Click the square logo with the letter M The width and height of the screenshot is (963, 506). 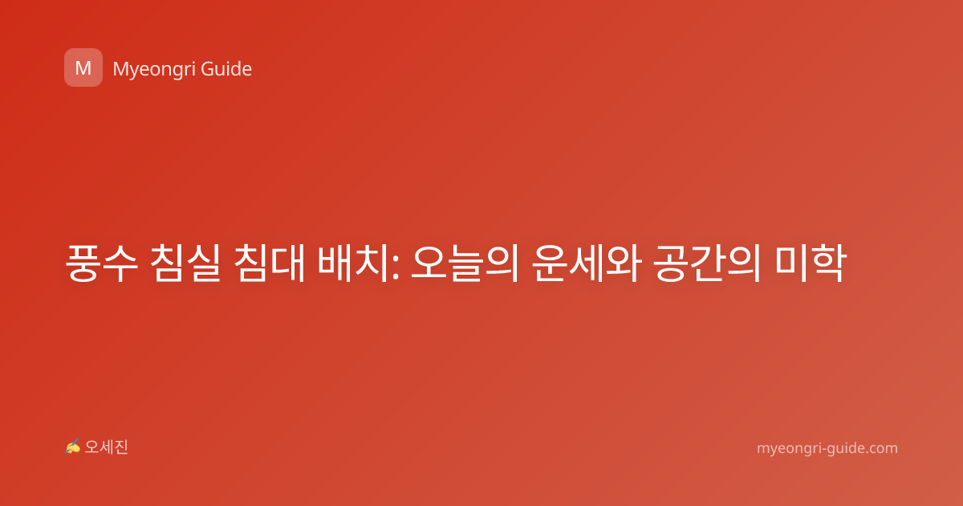pyautogui.click(x=83, y=67)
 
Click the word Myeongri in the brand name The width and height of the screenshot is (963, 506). pyautogui.click(x=154, y=69)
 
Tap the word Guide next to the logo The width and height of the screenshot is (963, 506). pyautogui.click(x=226, y=69)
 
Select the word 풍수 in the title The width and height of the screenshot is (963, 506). pyautogui.click(x=102, y=263)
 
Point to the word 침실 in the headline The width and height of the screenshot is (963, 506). pyautogui.click(x=185, y=263)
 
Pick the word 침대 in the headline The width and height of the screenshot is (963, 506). pyautogui.click(x=269, y=263)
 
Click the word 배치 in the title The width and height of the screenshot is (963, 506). pyautogui.click(x=353, y=263)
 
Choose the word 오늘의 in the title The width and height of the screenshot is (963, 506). pyautogui.click(x=465, y=263)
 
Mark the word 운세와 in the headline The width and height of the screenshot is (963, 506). pyautogui.click(x=587, y=263)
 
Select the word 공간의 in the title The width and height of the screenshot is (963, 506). pyautogui.click(x=707, y=263)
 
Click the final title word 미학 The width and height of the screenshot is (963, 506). pyautogui.click(x=811, y=263)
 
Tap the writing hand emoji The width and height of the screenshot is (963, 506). pyautogui.click(x=73, y=447)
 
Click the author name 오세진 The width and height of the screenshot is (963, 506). pyautogui.click(x=106, y=447)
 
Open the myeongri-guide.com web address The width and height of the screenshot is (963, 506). pyautogui.click(x=827, y=448)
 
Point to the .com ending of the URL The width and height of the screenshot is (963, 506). pyautogui.click(x=881, y=448)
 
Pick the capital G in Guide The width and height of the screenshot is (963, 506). pyautogui.click(x=208, y=69)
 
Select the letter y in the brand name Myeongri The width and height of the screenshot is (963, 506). pyautogui.click(x=136, y=71)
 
